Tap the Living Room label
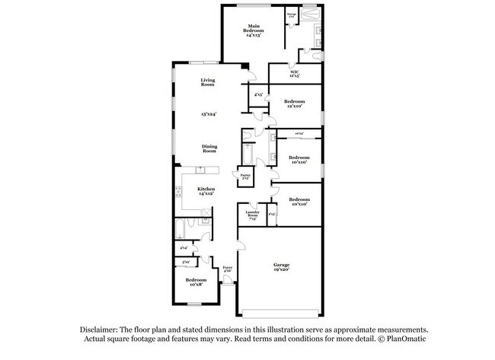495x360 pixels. [x=208, y=82]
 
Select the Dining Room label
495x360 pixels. [x=209, y=148]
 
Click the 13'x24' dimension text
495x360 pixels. [x=209, y=114]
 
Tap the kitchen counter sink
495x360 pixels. [x=200, y=170]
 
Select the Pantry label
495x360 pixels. [x=245, y=177]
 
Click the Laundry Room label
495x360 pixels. [x=253, y=215]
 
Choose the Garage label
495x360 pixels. [x=281, y=267]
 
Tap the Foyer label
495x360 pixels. [x=227, y=268]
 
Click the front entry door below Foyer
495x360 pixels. [x=228, y=287]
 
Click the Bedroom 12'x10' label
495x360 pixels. [x=294, y=104]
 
